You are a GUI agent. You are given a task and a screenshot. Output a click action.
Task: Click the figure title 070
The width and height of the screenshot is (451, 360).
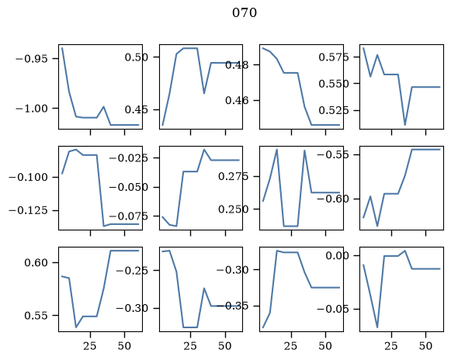point(245,12)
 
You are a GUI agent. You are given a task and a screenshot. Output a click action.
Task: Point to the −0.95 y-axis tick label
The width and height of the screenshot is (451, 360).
point(32,59)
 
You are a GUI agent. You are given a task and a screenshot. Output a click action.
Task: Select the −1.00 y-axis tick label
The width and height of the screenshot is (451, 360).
point(32,109)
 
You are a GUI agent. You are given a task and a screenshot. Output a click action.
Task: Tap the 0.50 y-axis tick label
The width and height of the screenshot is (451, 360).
point(137,57)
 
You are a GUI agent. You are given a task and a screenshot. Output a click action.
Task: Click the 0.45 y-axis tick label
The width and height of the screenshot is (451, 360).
point(137,109)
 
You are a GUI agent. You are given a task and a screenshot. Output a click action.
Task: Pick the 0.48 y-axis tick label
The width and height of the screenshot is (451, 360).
point(237,65)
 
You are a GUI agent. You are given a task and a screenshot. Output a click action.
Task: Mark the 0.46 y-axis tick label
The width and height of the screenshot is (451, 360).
point(237,100)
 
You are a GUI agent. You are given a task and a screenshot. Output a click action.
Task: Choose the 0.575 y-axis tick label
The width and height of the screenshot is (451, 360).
point(334,57)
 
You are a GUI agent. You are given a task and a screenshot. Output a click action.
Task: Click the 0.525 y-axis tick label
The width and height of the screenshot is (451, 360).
point(334,110)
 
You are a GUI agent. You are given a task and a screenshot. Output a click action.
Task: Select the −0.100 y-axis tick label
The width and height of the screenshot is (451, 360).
point(28,177)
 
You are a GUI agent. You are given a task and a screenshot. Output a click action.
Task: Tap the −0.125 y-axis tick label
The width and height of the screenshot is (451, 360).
point(28,210)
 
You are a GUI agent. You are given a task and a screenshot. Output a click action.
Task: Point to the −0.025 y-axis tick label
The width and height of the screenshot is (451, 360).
point(129,157)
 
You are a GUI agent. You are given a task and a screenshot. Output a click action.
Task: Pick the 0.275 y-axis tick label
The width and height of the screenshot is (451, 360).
point(234,176)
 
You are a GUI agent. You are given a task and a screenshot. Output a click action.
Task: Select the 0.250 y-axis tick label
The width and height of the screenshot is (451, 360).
point(234,209)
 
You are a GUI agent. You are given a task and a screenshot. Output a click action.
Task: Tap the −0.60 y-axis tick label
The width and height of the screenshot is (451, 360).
point(333,199)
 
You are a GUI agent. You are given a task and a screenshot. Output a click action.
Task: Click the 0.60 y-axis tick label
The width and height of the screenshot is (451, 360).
point(36,262)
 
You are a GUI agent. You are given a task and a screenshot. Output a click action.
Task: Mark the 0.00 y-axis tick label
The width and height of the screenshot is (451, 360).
point(338,255)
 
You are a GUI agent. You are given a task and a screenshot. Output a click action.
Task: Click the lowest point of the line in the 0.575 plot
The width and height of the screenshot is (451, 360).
point(405,125)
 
